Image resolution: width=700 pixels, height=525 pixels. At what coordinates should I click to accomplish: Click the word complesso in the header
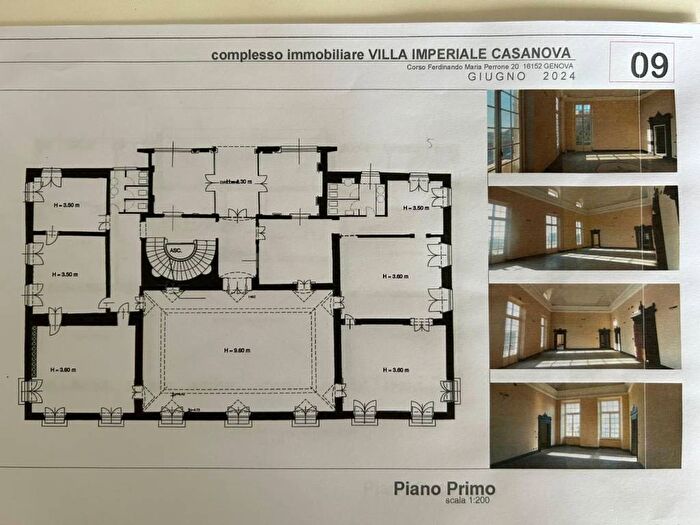click(x=248, y=56)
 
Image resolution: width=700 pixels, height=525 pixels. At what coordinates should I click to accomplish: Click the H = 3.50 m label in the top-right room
click(x=416, y=208)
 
